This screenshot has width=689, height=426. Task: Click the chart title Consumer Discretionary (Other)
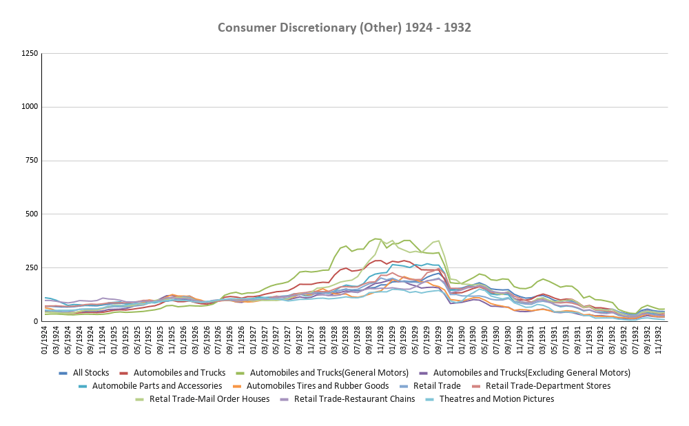click(344, 28)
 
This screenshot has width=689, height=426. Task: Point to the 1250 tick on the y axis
click(29, 54)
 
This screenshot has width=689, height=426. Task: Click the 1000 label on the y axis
click(29, 107)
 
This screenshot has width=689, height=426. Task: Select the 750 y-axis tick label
click(31, 161)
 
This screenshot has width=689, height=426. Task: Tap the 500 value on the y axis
click(31, 214)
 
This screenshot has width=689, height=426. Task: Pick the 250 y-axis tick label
click(31, 267)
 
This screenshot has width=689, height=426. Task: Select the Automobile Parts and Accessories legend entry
click(156, 386)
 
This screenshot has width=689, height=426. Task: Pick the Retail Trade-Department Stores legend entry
click(548, 386)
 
